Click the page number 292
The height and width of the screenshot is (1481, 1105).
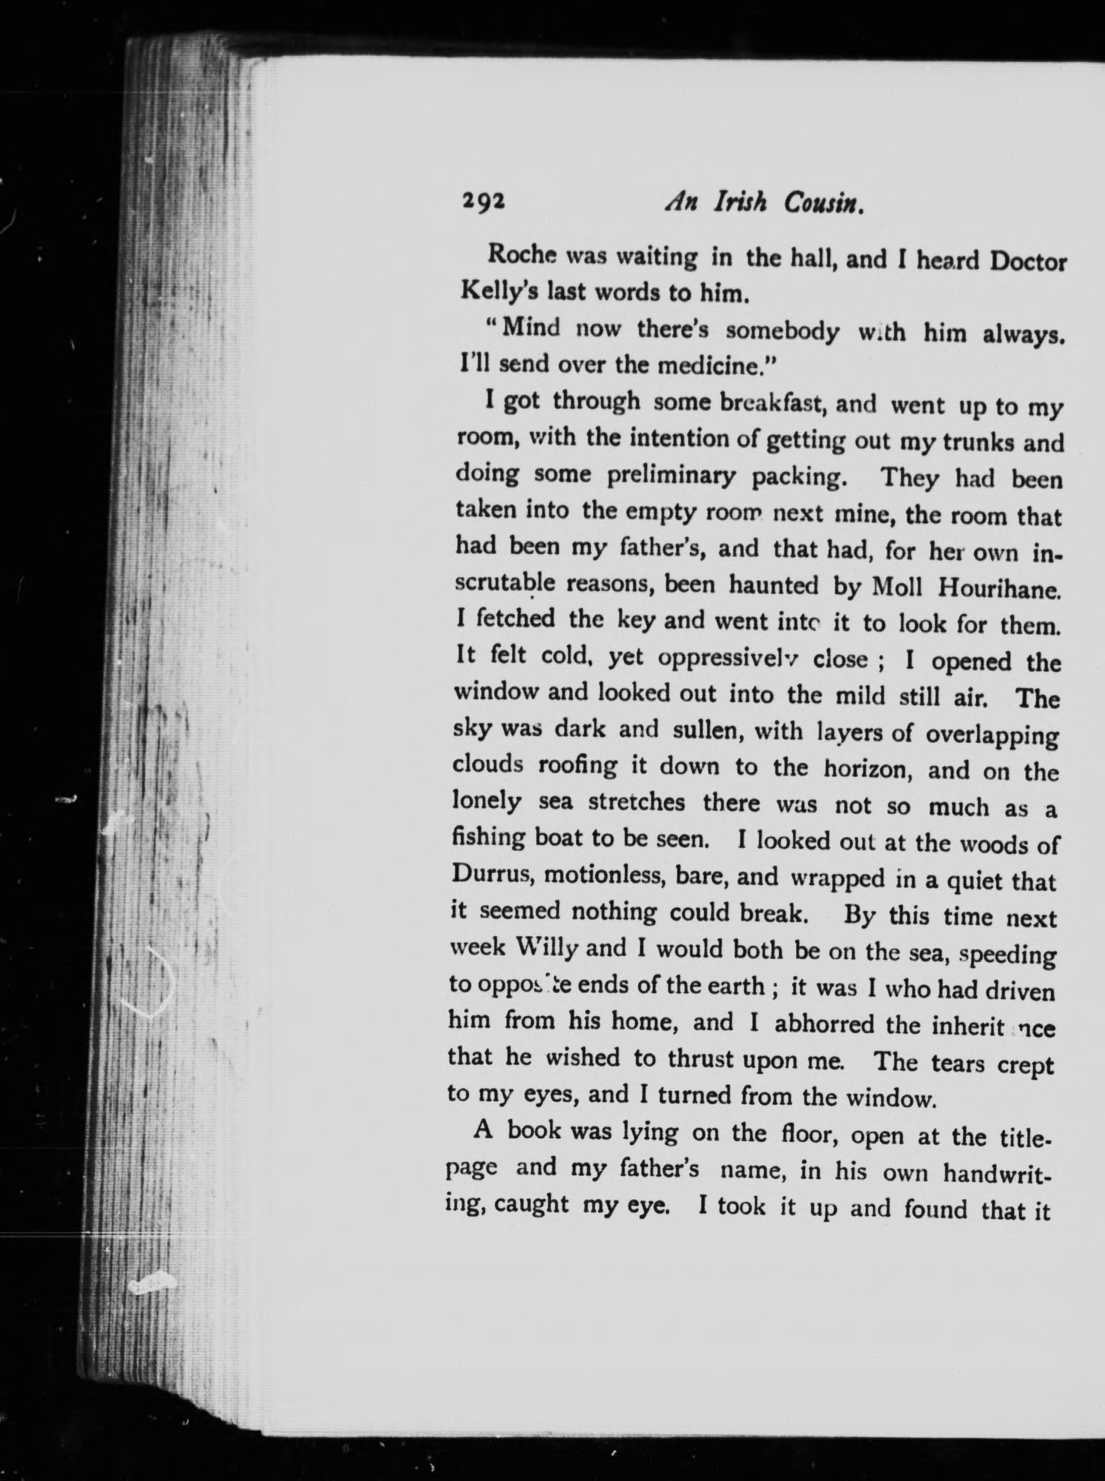pos(483,201)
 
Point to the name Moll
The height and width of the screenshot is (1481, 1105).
pos(897,587)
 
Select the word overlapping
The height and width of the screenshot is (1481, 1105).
pos(993,735)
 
